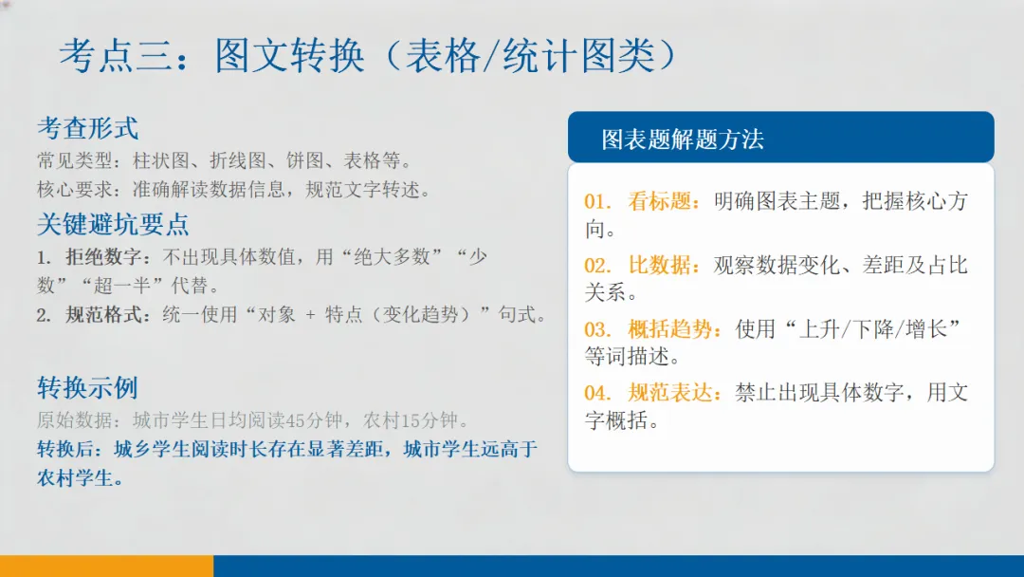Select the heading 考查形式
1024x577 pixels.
87,128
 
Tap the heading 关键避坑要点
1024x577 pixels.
113,225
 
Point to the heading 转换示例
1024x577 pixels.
87,388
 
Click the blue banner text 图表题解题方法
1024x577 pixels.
683,140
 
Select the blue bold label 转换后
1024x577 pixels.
68,449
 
